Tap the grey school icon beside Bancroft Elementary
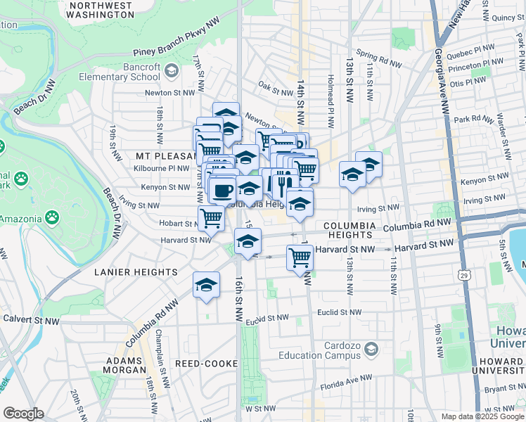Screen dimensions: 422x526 [x=171, y=70]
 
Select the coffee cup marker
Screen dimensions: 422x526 [x=223, y=190]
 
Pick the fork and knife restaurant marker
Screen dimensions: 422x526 [x=283, y=182]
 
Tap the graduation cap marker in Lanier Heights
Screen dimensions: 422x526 [x=205, y=285]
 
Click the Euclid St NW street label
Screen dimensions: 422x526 [x=339, y=312]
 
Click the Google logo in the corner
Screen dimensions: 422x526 [x=23, y=414]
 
